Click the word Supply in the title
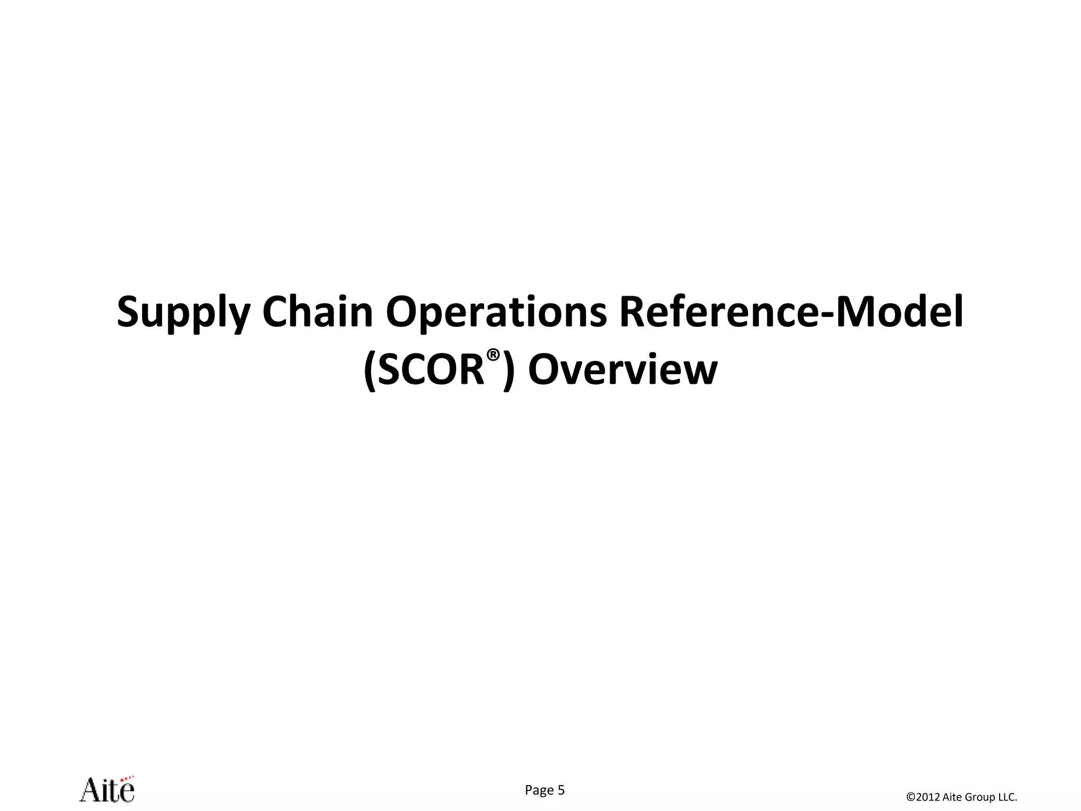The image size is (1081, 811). click(x=183, y=312)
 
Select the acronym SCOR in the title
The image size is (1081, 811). click(x=431, y=370)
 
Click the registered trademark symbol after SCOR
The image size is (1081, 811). click(x=493, y=355)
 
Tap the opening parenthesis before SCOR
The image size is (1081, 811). click(x=370, y=371)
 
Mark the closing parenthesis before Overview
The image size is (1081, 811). click(x=508, y=371)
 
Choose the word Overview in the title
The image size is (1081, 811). click(x=623, y=370)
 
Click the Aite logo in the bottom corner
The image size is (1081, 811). click(x=107, y=790)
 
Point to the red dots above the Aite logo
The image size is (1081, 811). click(x=127, y=777)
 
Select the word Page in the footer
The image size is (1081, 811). click(x=539, y=790)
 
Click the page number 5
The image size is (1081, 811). click(x=561, y=790)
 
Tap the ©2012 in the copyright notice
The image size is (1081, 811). click(x=923, y=797)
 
